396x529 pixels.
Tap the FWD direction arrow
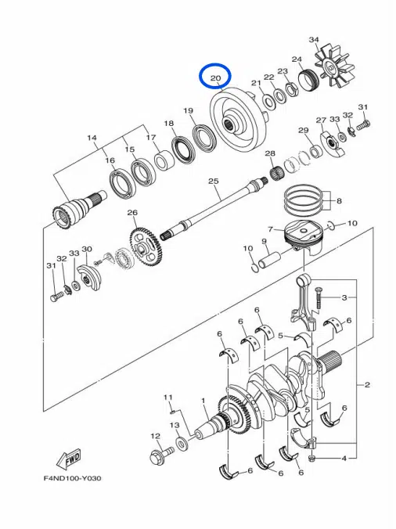pos(68,459)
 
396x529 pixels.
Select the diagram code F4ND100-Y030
pos(72,478)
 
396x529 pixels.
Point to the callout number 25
pos(213,182)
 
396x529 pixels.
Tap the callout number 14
pos(92,138)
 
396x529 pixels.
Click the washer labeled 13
pos(182,442)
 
